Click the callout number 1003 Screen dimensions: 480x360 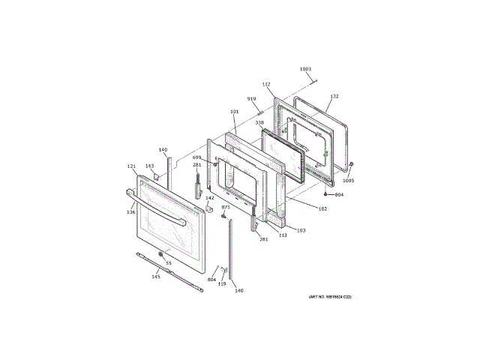coord(305,70)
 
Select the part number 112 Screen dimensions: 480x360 coord(266,84)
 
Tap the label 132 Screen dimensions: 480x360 coord(334,97)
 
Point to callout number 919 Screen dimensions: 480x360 coord(252,99)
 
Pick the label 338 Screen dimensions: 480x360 coord(259,122)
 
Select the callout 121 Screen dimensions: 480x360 coord(131,166)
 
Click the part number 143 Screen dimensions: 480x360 coord(149,166)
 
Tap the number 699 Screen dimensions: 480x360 coord(196,157)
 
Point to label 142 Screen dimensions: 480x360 coord(210,198)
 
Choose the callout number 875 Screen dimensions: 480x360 coord(224,206)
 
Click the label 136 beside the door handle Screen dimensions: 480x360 coord(131,212)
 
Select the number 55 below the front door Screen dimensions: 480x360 coord(168,263)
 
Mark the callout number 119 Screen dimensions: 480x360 coord(222,283)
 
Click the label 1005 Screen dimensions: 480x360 coord(348,180)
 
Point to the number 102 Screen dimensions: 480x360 coord(322,208)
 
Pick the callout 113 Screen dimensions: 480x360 coord(283,235)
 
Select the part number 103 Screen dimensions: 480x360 coord(301,230)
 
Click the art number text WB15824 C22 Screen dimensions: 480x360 coord(330,297)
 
